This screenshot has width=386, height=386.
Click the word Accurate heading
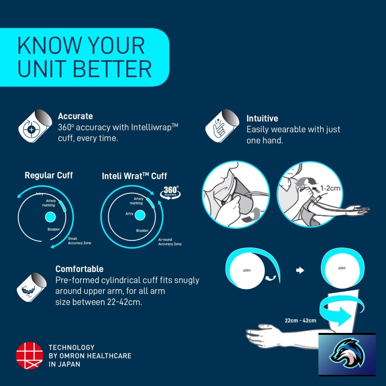[75, 116]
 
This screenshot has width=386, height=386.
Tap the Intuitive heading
[262, 118]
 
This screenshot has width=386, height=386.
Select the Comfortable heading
[79, 269]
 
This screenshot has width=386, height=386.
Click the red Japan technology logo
[29, 356]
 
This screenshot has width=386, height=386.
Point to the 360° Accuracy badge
[170, 192]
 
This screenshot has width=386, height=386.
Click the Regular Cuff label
[49, 175]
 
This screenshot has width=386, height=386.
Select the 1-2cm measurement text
[330, 188]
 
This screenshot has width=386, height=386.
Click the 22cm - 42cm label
[300, 320]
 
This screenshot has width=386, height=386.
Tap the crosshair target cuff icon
[35, 126]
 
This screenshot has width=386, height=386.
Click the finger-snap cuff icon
[222, 126]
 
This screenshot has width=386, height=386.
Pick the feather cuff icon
[31, 287]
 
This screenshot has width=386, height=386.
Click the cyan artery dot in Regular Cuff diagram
[51, 217]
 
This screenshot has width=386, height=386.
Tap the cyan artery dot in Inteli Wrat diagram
[140, 215]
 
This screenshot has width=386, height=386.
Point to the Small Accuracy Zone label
[79, 241]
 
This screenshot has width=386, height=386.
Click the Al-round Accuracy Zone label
[170, 242]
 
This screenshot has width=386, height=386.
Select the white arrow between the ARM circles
[300, 270]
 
